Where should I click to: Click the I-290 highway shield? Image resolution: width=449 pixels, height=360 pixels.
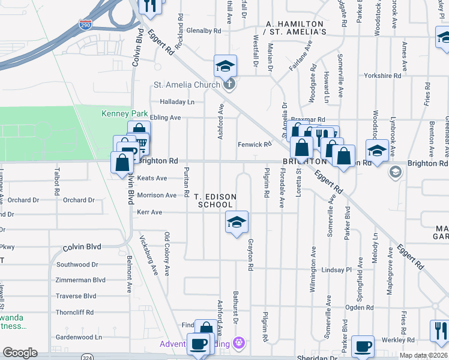[85, 25]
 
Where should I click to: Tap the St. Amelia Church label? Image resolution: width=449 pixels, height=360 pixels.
[187, 85]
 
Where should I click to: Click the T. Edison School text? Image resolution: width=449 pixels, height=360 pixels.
[215, 200]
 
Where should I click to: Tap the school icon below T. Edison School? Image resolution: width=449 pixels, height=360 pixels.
[237, 222]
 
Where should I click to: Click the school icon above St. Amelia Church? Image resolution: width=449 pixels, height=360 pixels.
[225, 66]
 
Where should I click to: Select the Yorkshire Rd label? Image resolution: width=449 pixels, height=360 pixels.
[382, 76]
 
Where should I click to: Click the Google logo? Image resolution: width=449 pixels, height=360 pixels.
[20, 353]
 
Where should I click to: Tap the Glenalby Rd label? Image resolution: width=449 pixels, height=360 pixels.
[205, 29]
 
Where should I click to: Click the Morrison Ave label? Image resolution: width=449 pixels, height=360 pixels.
[157, 195]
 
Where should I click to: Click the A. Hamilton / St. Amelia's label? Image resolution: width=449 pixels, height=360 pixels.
[295, 28]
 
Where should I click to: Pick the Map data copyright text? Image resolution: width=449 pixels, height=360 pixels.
[423, 356]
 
